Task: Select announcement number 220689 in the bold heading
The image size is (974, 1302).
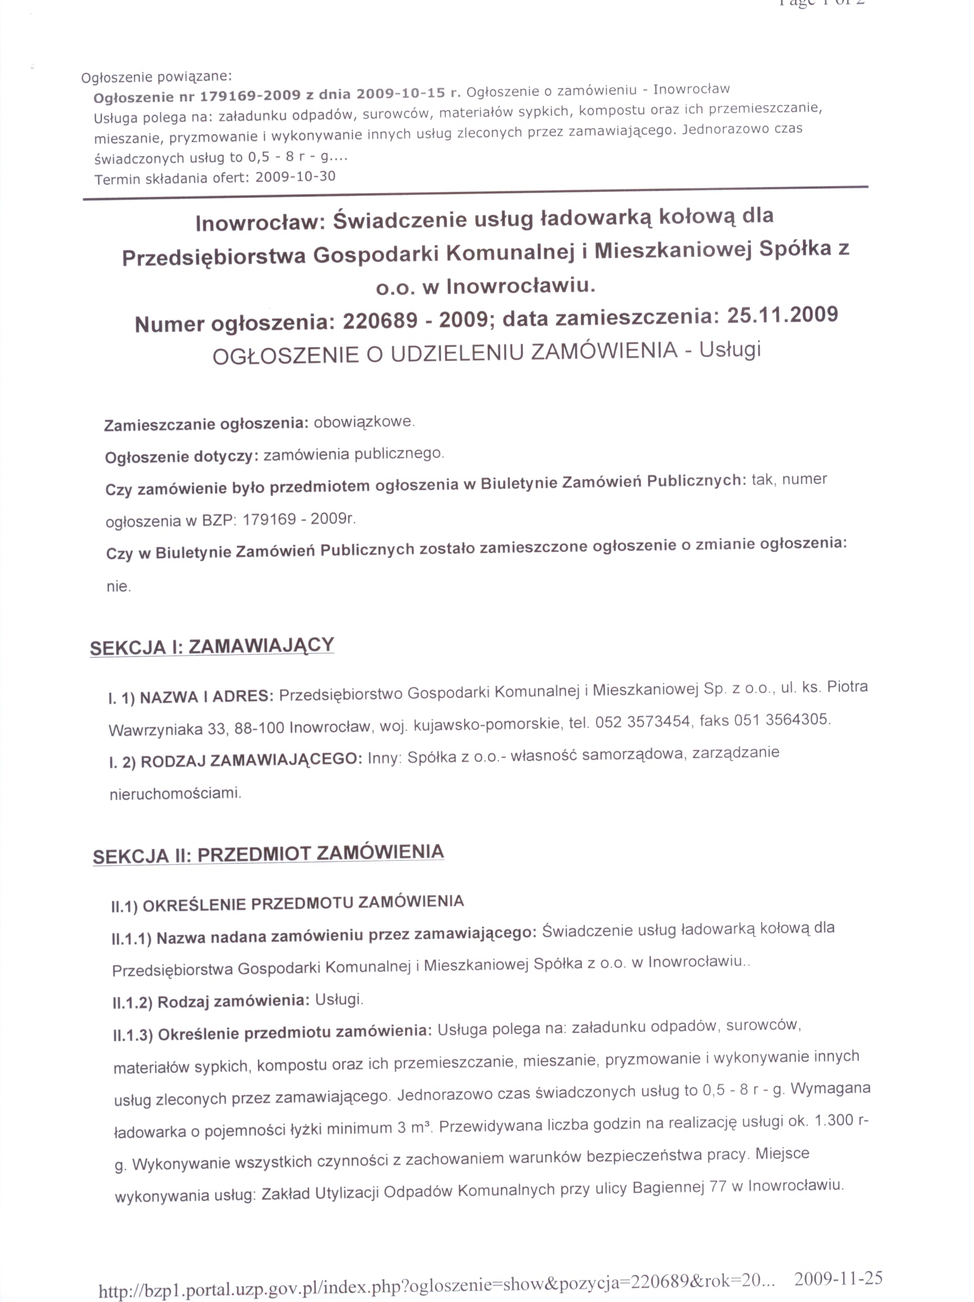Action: click(380, 321)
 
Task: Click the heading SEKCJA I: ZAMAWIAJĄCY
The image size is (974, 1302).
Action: click(212, 646)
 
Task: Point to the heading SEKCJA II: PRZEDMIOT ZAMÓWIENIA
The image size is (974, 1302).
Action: click(268, 854)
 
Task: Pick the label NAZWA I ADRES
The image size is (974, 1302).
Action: click(206, 697)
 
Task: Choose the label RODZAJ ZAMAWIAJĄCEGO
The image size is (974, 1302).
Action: click(251, 760)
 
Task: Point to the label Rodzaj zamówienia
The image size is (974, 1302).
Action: click(233, 1001)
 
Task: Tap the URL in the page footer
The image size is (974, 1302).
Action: click(436, 1283)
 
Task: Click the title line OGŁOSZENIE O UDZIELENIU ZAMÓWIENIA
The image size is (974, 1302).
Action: click(445, 354)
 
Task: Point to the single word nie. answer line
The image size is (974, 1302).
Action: click(118, 587)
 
